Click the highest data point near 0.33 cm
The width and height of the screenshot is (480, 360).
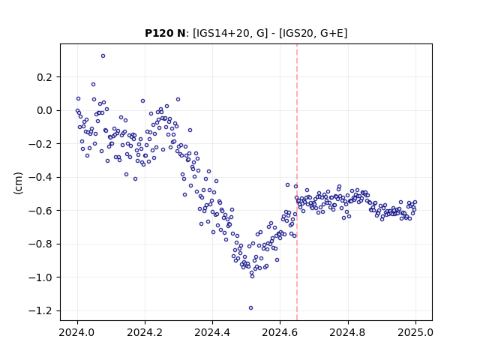click(x=103, y=56)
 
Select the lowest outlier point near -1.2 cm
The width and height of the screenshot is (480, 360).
click(x=250, y=308)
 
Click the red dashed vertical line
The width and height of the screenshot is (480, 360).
click(x=297, y=182)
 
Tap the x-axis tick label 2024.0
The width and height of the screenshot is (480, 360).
click(x=77, y=332)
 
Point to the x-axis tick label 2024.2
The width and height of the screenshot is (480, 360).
click(x=145, y=332)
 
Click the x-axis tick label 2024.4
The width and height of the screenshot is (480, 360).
click(x=212, y=332)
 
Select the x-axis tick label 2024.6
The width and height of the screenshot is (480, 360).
click(x=280, y=332)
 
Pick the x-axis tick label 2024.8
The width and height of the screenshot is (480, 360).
click(x=348, y=332)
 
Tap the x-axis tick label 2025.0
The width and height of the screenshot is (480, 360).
click(x=415, y=332)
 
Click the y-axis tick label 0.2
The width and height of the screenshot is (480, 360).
click(x=45, y=77)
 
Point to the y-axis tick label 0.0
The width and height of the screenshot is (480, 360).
click(x=45, y=110)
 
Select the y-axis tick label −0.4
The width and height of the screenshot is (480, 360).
click(x=40, y=177)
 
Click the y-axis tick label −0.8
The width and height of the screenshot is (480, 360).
click(x=40, y=244)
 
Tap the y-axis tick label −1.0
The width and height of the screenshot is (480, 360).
click(x=40, y=277)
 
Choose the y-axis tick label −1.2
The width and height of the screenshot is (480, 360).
click(x=40, y=310)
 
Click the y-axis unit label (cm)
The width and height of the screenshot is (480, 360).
click(x=18, y=183)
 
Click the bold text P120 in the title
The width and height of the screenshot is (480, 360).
click(x=157, y=33)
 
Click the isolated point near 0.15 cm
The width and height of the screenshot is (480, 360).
click(x=93, y=85)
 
